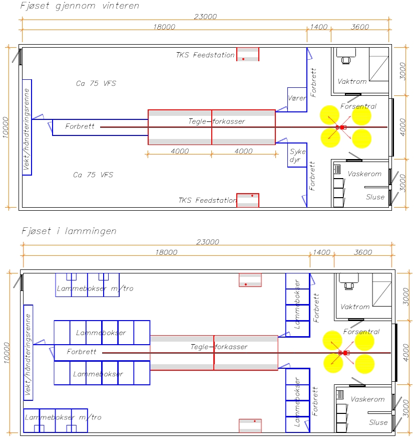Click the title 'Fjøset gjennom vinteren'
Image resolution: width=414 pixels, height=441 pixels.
[80, 6]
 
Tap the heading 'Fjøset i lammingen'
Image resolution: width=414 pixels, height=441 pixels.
[69, 231]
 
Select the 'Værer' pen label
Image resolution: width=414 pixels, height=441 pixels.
[297, 98]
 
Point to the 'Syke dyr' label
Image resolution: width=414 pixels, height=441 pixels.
[297, 156]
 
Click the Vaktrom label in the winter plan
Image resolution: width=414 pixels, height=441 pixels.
[352, 82]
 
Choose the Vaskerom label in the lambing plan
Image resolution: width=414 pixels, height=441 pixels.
[367, 399]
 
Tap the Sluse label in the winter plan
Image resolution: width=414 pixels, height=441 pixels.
[375, 197]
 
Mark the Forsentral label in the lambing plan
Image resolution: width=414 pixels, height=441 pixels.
[361, 332]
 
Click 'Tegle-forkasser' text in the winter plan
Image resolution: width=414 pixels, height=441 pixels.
[216, 121]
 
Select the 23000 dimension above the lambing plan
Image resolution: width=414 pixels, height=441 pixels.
[207, 242]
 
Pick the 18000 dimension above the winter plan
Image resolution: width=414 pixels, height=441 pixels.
[164, 27]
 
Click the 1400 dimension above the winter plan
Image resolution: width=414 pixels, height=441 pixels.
[318, 27]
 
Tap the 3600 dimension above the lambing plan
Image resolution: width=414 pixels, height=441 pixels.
[362, 252]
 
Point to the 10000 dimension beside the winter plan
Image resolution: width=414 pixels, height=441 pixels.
[6, 127]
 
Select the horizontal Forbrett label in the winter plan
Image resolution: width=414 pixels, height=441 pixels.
[80, 126]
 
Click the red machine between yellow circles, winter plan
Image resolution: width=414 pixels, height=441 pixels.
[341, 127]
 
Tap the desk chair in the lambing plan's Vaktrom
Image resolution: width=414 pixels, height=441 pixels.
[349, 286]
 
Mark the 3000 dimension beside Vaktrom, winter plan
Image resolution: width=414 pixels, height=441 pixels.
[403, 71]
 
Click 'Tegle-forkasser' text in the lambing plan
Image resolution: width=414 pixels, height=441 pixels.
[219, 347]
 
